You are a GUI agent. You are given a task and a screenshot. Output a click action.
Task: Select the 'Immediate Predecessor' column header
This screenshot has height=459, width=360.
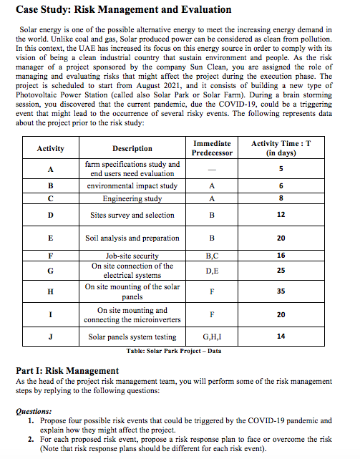(212, 148)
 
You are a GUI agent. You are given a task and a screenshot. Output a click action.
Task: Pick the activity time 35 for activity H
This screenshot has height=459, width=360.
(281, 291)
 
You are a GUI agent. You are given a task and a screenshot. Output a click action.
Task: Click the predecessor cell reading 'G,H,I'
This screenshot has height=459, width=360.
(212, 337)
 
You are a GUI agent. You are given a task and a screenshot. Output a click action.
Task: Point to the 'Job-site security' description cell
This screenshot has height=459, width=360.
(132, 255)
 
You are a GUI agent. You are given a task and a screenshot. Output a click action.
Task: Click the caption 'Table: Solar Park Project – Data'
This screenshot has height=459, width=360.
(173, 351)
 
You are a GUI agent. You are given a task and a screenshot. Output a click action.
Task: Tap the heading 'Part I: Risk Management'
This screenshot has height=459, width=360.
(67, 370)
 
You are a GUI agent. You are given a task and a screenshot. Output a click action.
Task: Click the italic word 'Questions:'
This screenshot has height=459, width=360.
(33, 412)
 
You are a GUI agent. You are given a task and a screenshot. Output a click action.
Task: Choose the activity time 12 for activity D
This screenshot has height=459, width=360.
(281, 215)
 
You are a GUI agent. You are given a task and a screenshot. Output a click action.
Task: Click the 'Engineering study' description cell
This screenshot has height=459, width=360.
(132, 198)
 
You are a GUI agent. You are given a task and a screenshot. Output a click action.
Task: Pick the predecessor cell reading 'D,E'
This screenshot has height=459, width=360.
(212, 271)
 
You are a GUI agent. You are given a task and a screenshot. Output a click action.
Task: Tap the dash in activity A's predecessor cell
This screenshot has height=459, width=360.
(212, 169)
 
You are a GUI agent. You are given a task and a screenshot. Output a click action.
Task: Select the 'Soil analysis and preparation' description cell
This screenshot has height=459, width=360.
(132, 237)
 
